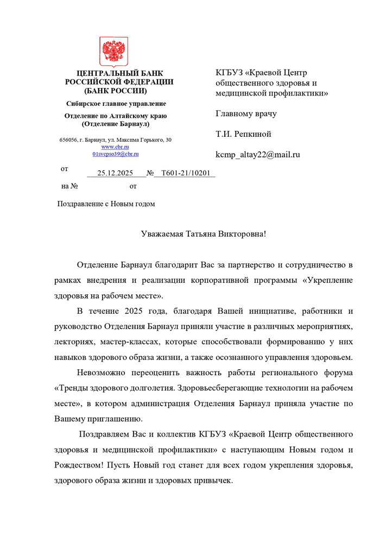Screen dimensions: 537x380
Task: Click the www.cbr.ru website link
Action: [x=115, y=147]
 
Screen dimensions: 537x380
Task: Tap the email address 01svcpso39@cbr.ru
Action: [x=115, y=154]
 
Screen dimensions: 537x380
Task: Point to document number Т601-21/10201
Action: [x=185, y=173]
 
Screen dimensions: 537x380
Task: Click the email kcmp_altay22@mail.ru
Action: [x=258, y=154]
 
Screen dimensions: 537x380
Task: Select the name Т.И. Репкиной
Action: [x=243, y=134]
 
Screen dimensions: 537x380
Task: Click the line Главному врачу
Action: [x=246, y=114]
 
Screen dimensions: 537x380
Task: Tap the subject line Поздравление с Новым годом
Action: [x=106, y=204]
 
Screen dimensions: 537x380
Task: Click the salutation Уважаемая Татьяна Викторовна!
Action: [x=204, y=234]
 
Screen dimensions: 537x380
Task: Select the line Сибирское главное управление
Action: [x=116, y=104]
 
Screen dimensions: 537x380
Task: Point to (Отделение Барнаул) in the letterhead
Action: [x=116, y=124]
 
